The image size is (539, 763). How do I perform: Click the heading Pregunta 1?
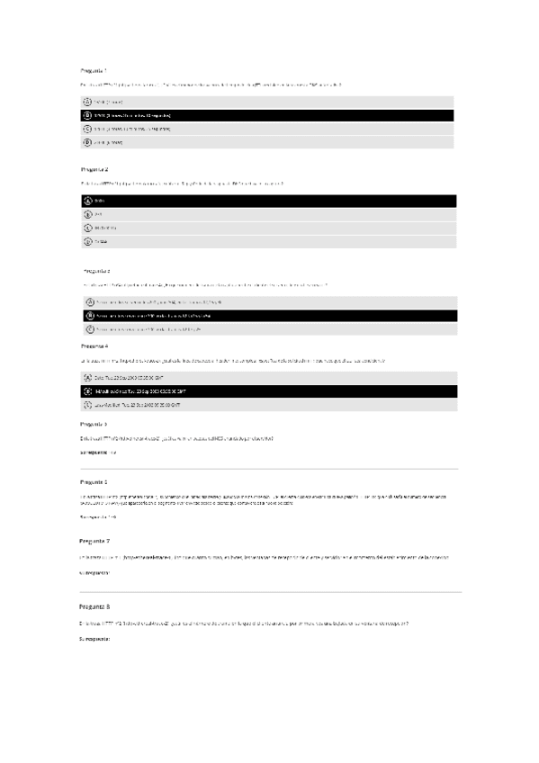coord(94,69)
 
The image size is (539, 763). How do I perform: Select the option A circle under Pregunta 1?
coord(87,103)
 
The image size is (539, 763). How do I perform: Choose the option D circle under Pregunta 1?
coord(87,142)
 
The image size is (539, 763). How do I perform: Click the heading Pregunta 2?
coord(94,168)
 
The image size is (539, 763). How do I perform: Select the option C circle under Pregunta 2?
coord(87,228)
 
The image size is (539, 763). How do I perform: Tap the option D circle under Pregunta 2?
coord(87,241)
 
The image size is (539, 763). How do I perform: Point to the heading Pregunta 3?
coord(96,270)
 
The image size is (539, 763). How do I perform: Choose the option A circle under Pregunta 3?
coord(89,302)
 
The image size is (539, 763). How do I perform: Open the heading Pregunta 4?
coord(94,346)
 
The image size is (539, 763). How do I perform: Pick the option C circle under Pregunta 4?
coord(87,405)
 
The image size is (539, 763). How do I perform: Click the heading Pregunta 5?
coord(94,423)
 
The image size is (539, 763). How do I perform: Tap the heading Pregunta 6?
coord(94,481)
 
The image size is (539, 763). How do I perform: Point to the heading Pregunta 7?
coord(94,541)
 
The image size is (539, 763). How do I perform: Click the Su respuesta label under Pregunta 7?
coord(94,571)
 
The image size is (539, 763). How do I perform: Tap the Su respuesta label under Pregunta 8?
coord(94,638)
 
